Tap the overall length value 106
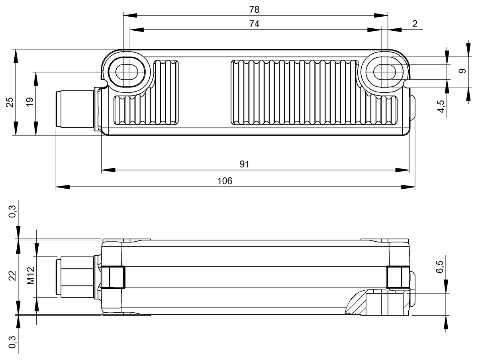pos(225,181)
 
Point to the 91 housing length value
pos(244,164)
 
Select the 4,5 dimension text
pos(441,106)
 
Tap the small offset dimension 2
pos(415,24)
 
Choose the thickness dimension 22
pos(12,276)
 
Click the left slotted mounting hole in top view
pos(127,72)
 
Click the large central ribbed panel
pos(295,92)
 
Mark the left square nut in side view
pos(113,277)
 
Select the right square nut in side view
pos(397,277)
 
